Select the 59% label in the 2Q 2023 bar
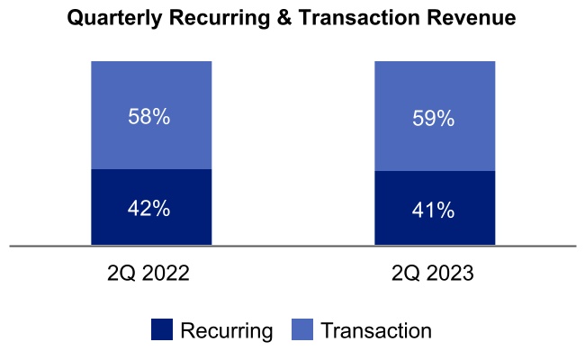click(433, 118)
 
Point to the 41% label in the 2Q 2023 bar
click(433, 211)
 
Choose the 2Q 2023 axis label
click(433, 274)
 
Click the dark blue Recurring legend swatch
click(162, 330)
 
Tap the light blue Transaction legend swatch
click(303, 330)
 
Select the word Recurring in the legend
click(226, 331)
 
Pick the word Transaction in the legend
click(376, 331)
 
